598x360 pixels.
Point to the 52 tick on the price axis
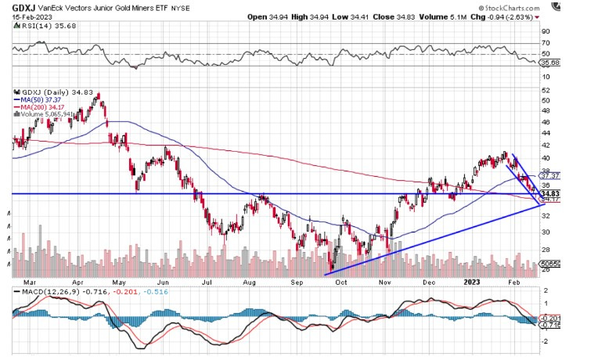(x=546, y=89)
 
